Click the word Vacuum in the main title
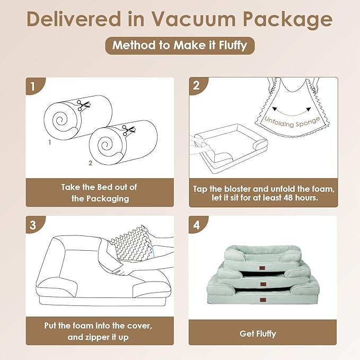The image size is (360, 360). (x=194, y=19)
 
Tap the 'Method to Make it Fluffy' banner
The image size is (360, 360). (x=180, y=45)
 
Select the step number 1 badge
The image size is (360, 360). (x=34, y=86)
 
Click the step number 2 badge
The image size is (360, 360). (x=197, y=86)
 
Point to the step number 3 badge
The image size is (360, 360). (x=34, y=225)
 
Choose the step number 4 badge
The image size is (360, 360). (x=197, y=225)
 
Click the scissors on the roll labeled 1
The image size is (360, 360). (x=83, y=105)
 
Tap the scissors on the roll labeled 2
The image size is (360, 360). (x=128, y=130)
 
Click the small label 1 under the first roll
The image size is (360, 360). (x=50, y=142)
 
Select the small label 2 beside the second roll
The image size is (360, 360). (x=91, y=163)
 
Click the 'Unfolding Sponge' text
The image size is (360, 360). (x=292, y=122)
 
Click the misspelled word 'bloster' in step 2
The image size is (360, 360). (x=238, y=189)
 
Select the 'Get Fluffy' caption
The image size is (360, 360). (x=258, y=333)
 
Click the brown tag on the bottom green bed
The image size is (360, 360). (x=263, y=300)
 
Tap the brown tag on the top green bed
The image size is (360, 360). (x=262, y=268)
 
